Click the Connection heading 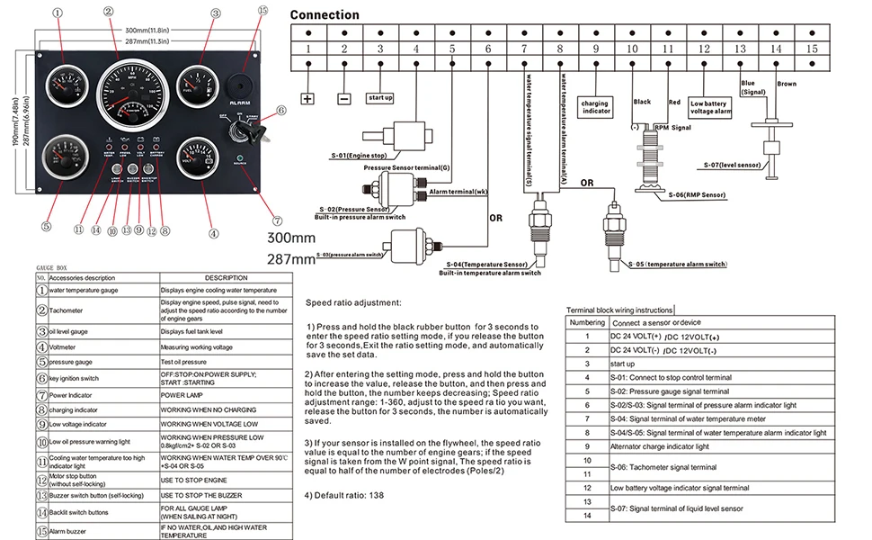325,14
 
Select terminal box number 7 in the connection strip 524,49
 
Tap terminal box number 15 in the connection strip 812,49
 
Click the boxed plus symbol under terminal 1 307,99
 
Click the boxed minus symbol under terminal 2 343,99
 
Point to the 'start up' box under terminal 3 379,97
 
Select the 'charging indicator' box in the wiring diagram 595,107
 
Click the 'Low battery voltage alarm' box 708,107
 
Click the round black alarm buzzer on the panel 240,82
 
